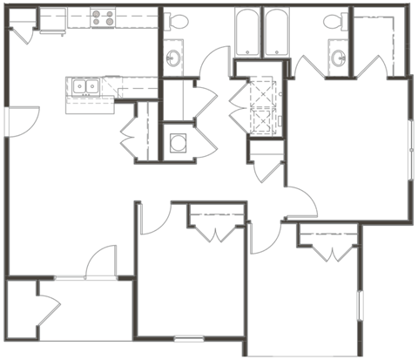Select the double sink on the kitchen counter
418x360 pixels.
point(85,86)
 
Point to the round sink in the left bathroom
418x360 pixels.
point(173,58)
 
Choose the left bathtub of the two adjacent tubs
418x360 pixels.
point(248,33)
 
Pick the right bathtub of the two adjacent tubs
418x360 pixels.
point(278,33)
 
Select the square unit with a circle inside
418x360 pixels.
point(179,141)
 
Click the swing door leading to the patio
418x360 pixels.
point(103,262)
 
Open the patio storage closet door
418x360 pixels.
point(48,309)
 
